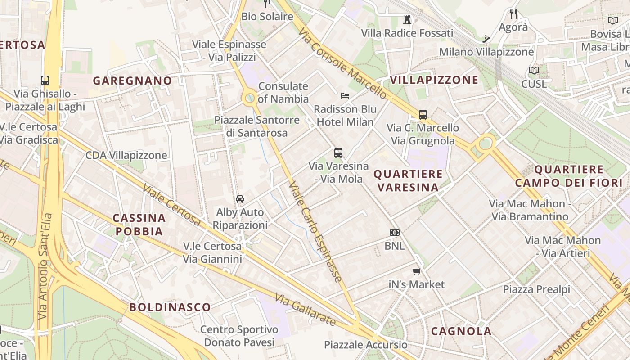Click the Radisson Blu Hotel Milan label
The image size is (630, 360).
coord(345,116)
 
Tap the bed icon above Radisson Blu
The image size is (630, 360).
coord(345,95)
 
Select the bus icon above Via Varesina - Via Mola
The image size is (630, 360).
coord(338,153)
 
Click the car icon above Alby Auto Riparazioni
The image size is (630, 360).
coord(240,198)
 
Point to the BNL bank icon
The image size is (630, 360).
coord(394,233)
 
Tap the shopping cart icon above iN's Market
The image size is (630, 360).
coord(417,271)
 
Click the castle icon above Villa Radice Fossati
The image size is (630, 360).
coord(407,19)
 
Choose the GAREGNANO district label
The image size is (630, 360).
coord(132,81)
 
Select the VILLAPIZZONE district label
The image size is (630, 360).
coord(434,80)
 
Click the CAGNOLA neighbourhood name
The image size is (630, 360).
coord(461,331)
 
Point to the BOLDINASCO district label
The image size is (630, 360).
coord(170,307)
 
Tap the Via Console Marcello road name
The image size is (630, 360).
coord(342,63)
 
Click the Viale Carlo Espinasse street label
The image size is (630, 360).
coord(315,231)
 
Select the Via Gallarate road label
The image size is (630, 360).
coord(306,310)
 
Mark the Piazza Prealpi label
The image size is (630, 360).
coord(536,289)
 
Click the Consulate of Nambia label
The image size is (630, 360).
coord(283,92)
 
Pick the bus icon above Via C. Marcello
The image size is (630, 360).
coord(423,115)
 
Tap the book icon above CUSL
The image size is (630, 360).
coord(534,70)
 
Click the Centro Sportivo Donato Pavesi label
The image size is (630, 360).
coord(239,336)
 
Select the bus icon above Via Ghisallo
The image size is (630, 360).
coord(45,81)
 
